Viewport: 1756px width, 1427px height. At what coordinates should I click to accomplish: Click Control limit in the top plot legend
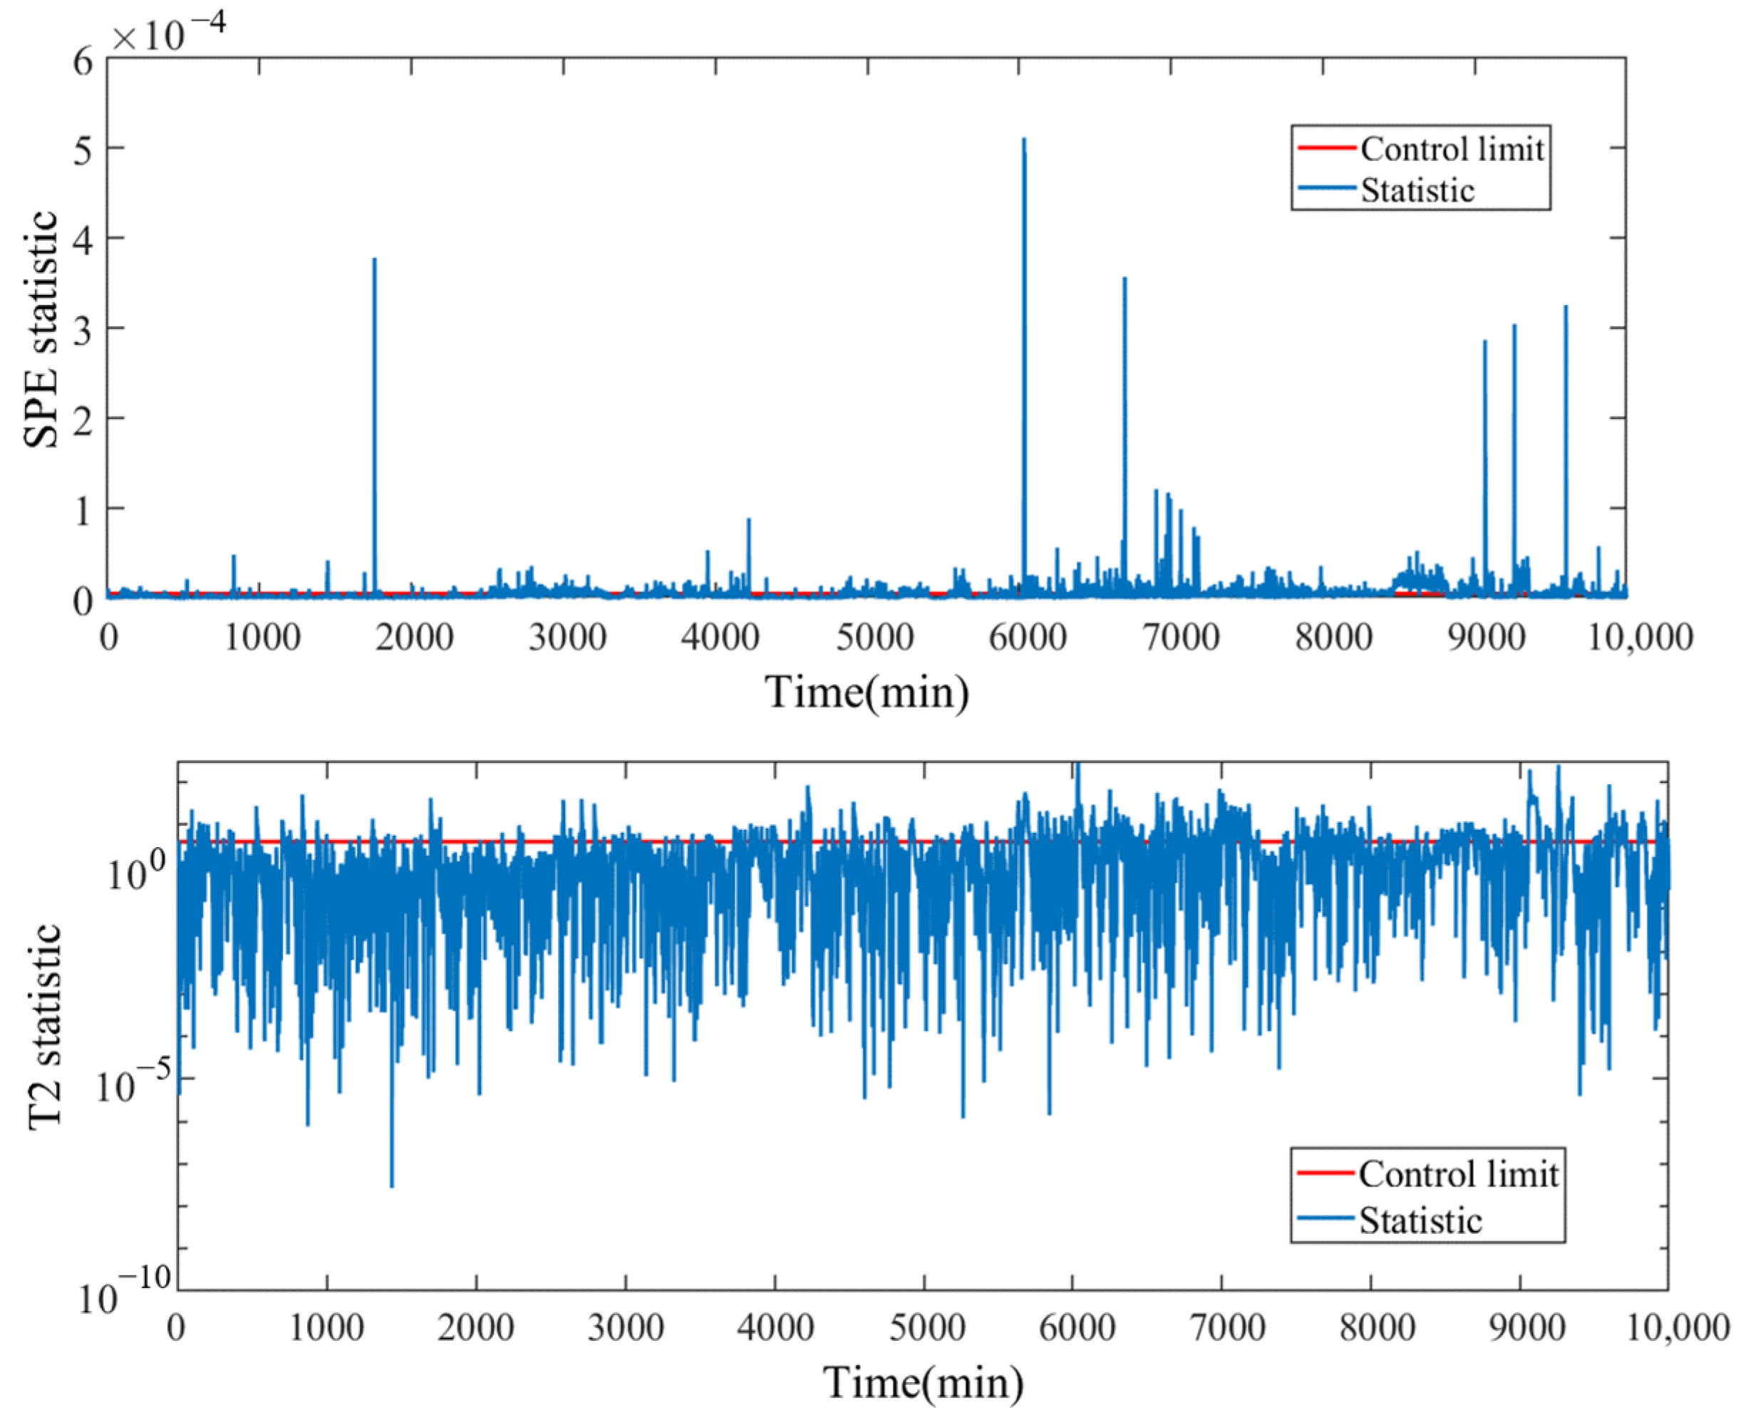pyautogui.click(x=1452, y=149)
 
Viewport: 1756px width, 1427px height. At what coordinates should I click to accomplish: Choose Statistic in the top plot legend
pyautogui.click(x=1417, y=190)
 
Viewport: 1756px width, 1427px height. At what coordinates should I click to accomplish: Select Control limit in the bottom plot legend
pyautogui.click(x=1457, y=1174)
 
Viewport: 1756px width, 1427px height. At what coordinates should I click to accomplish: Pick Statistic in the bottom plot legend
pyautogui.click(x=1420, y=1220)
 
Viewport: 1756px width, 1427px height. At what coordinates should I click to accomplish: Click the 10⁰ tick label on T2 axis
pyautogui.click(x=136, y=871)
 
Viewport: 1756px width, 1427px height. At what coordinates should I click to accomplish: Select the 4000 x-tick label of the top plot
pyautogui.click(x=721, y=638)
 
